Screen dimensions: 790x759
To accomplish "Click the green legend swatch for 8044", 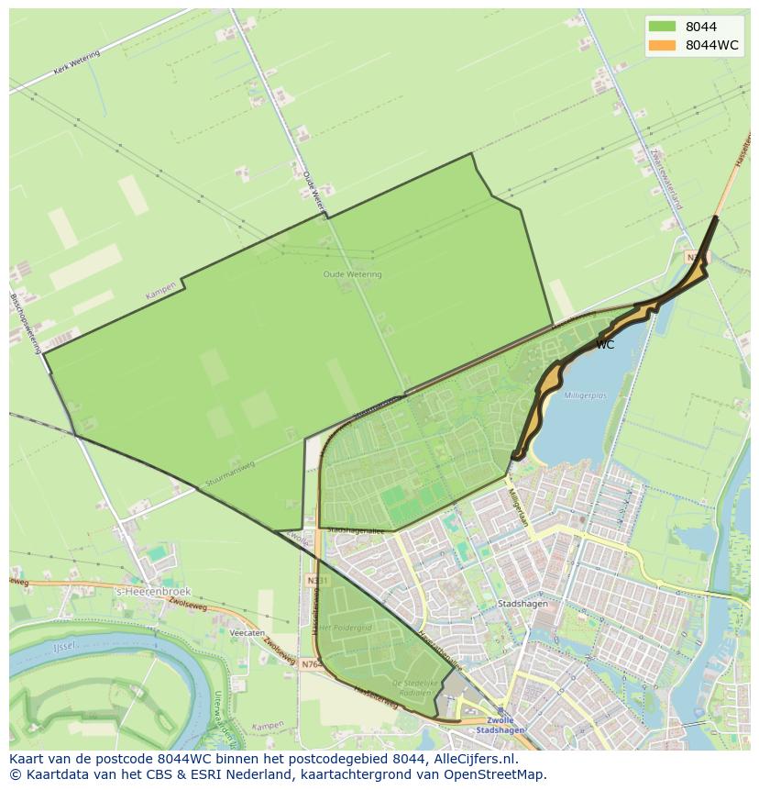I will tap(661, 27).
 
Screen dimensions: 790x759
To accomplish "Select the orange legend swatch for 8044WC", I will tap(661, 45).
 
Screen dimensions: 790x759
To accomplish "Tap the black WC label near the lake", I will tap(605, 345).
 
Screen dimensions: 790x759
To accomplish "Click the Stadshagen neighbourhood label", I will tap(522, 605).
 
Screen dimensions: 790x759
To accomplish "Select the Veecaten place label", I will tap(247, 633).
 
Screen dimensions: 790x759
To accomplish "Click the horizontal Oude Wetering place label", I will tap(352, 274).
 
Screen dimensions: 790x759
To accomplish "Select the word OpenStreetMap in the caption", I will tap(500, 775).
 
